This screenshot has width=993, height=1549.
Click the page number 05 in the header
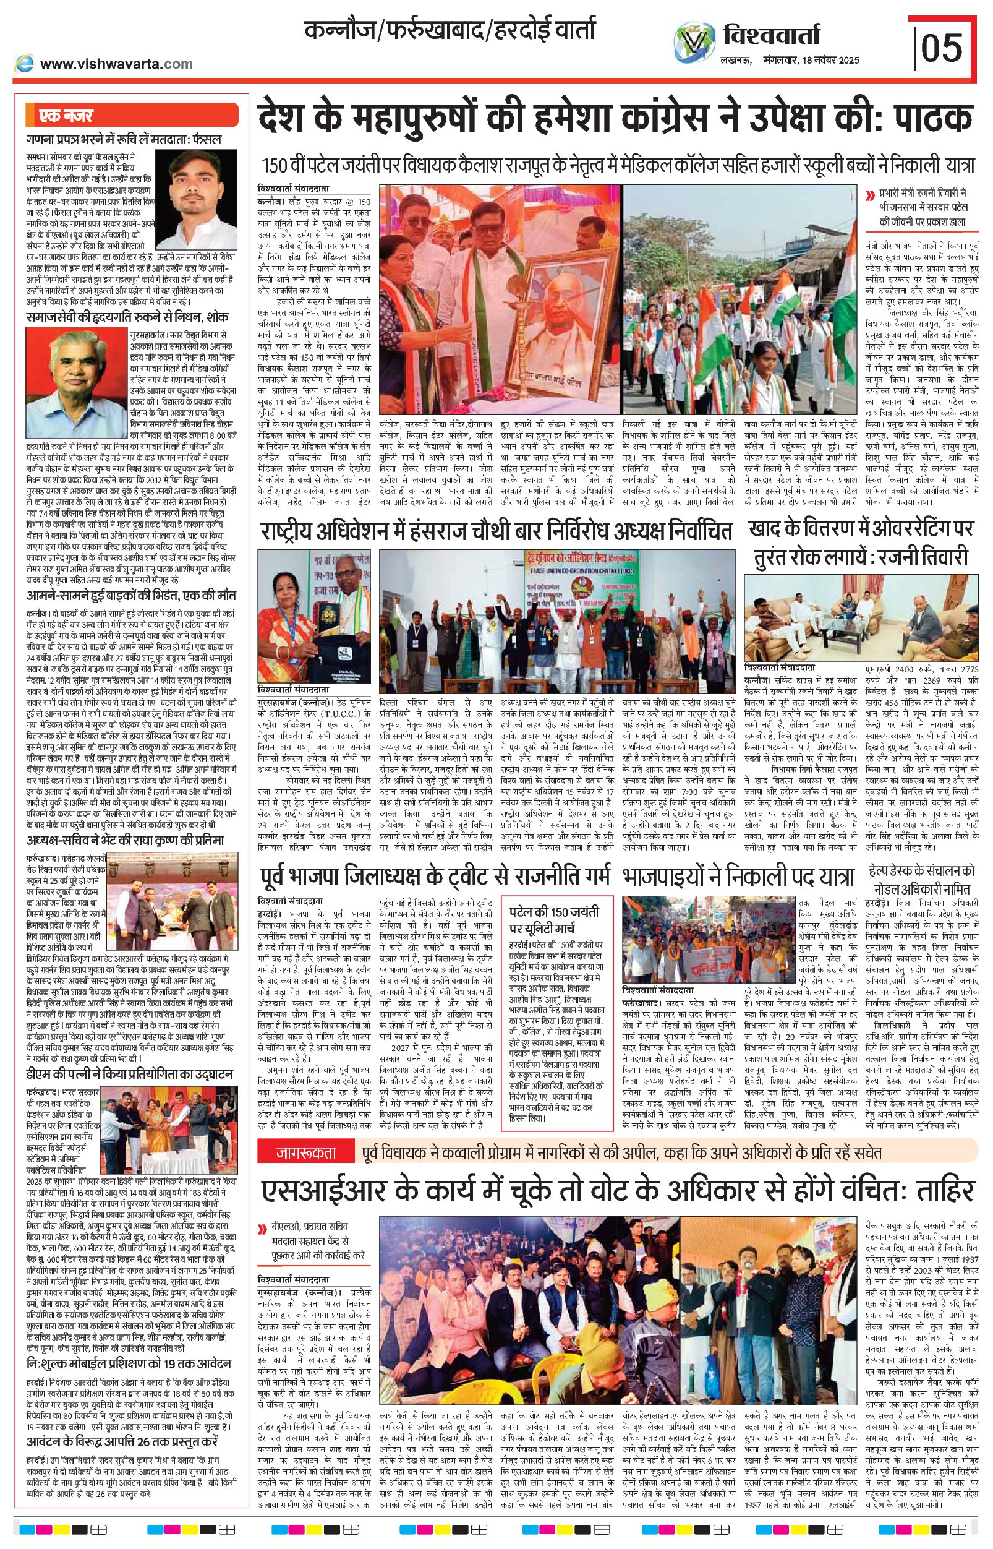click(942, 48)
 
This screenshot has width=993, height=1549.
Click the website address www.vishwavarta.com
click(116, 64)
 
